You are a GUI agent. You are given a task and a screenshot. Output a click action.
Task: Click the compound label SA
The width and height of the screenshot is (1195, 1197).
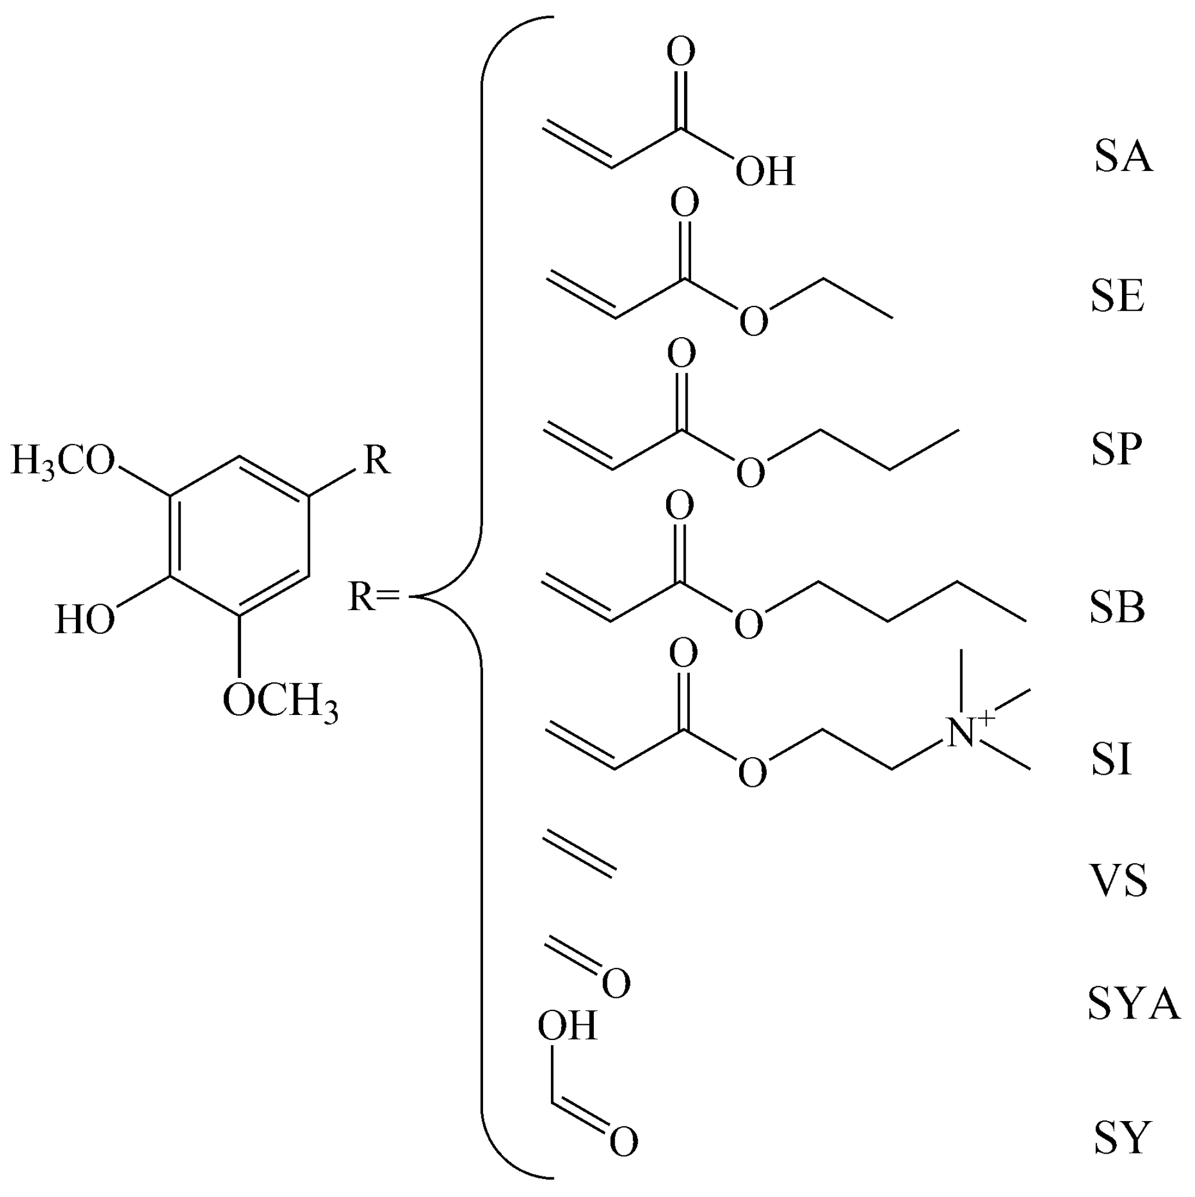[x=1123, y=158]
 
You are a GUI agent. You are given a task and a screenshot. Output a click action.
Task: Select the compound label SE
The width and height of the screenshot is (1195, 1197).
[x=1117, y=297]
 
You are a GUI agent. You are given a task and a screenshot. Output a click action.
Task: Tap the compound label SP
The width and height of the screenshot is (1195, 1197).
[x=1116, y=450]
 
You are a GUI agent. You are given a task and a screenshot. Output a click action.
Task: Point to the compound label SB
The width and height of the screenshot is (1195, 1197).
[x=1117, y=608]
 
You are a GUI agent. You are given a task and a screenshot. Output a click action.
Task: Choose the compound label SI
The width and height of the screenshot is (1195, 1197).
[x=1112, y=760]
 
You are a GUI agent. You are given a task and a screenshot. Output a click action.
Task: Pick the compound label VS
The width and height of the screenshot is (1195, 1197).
[x=1118, y=882]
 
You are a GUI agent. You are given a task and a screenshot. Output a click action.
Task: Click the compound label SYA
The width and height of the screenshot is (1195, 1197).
[x=1133, y=1004]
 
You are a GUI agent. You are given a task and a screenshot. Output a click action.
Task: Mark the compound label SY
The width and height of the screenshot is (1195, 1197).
[x=1122, y=1137]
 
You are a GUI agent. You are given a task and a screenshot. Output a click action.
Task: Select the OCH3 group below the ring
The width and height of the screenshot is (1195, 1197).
[x=280, y=702]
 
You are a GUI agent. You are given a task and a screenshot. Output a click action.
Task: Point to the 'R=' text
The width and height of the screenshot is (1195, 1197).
[x=374, y=597]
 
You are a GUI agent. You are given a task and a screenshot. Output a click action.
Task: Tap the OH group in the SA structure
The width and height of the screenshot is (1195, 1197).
[x=765, y=171]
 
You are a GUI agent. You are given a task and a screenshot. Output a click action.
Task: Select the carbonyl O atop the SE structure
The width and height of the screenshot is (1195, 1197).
[x=685, y=203]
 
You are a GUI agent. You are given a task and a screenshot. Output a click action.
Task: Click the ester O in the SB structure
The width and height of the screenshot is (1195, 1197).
[x=748, y=624]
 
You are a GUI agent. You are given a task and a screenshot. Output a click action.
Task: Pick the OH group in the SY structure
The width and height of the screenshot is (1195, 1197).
[x=567, y=1026]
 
